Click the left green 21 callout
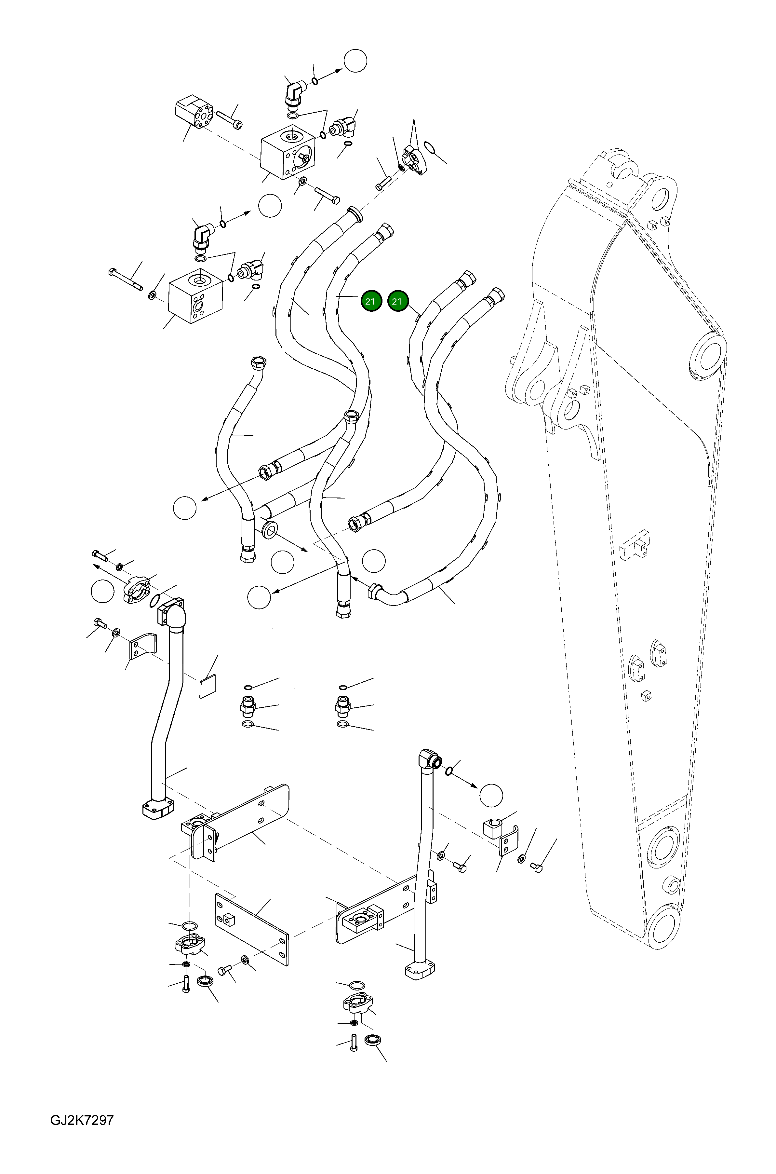tap(371, 301)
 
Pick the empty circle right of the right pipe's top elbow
tap(491, 796)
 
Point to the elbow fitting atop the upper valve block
tap(295, 93)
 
